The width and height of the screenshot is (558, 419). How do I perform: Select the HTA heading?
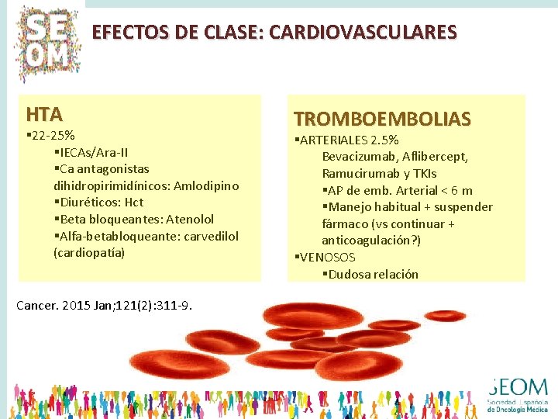point(44,115)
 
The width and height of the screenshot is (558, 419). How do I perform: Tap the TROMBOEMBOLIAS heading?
point(382,119)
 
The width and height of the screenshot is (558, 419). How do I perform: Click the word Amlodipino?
point(206,185)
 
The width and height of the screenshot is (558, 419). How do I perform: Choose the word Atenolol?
point(186,219)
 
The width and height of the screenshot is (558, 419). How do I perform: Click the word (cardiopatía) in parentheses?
point(89,253)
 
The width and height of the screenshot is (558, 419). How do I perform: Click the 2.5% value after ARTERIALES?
point(385,140)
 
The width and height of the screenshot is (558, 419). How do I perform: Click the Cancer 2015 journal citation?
point(104,304)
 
